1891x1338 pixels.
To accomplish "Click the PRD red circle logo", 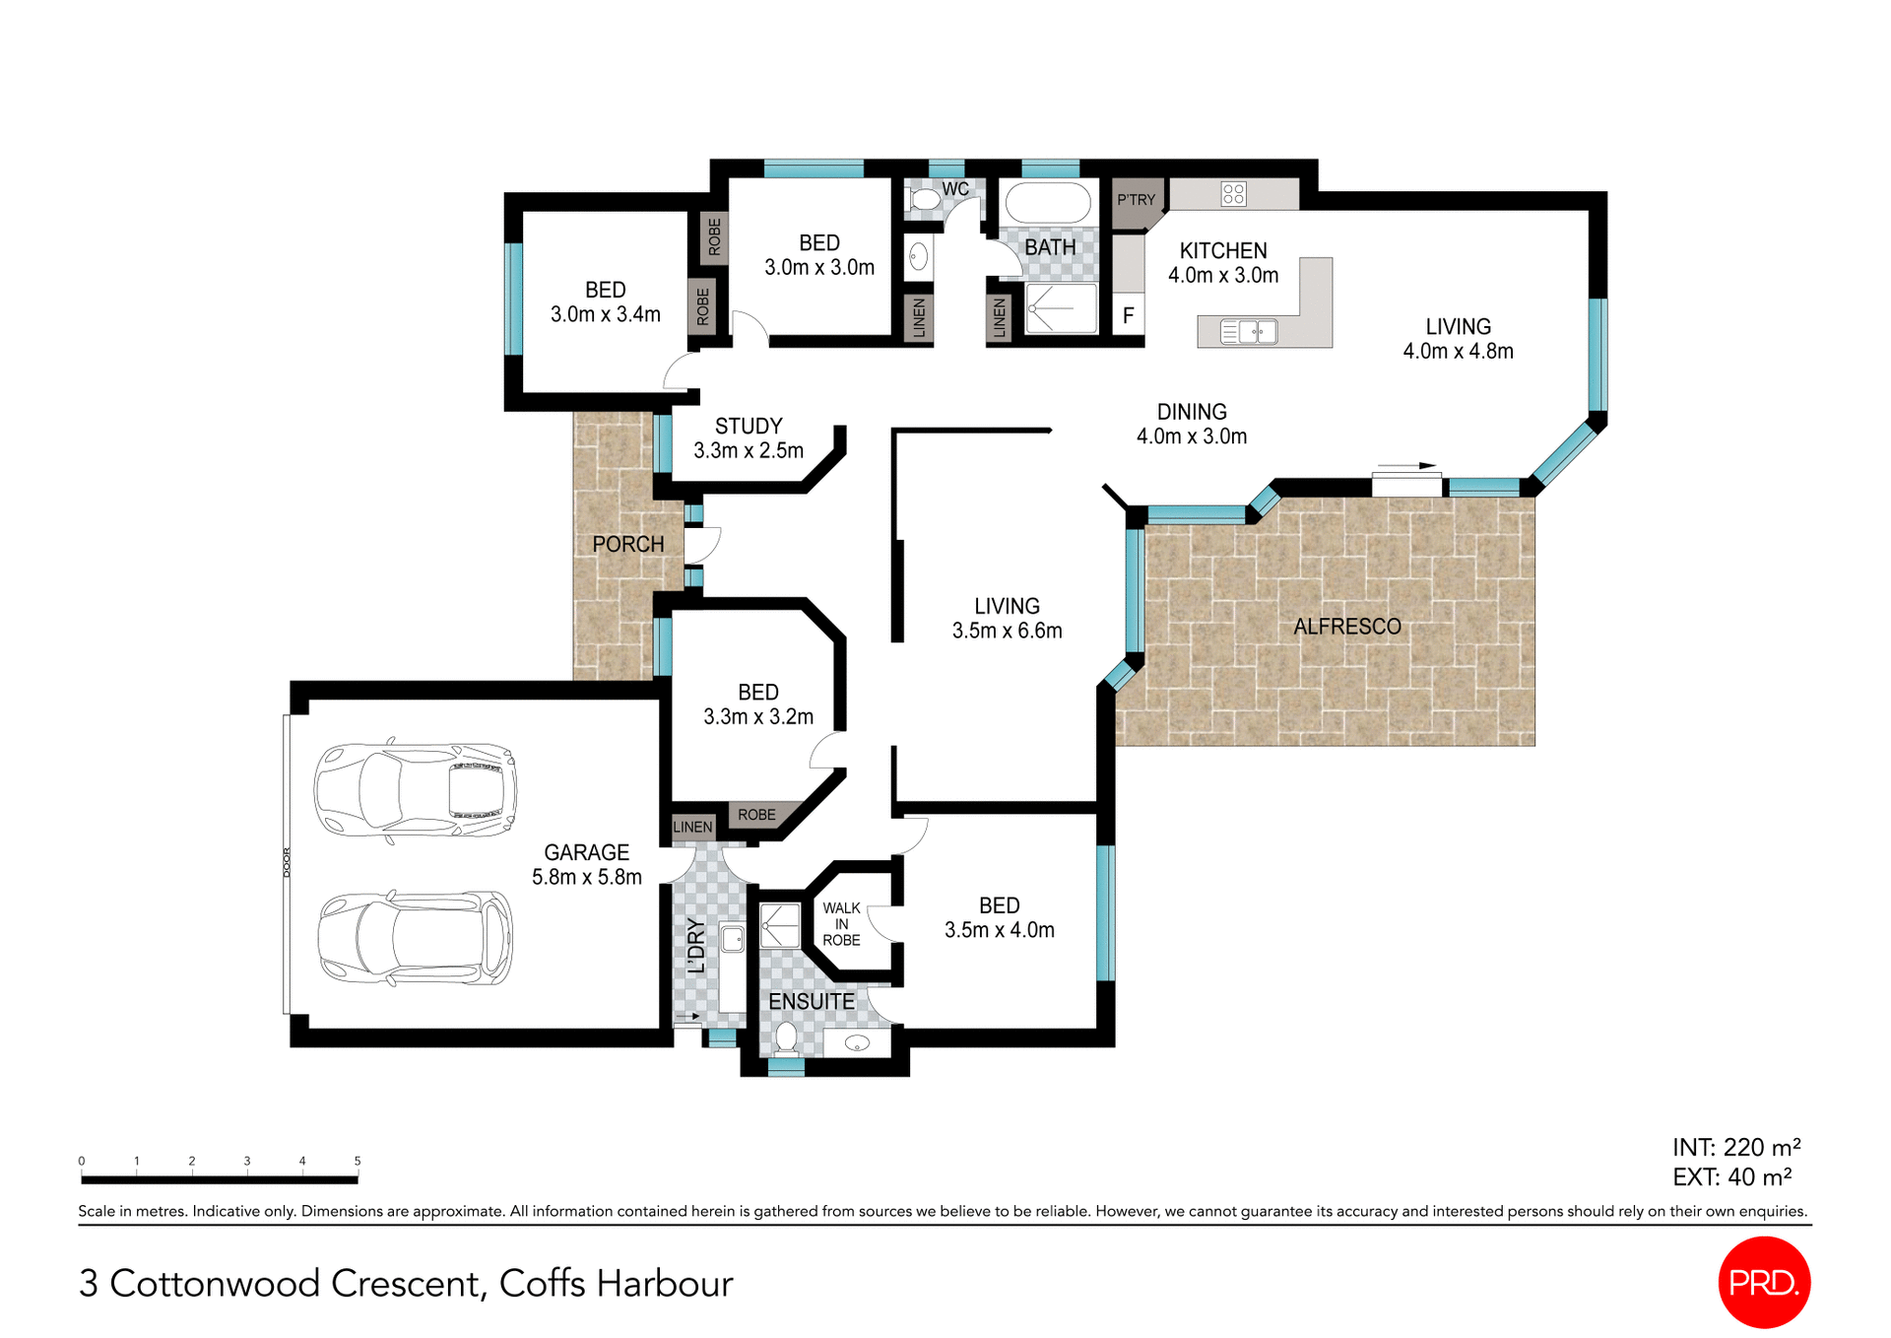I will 1764,1282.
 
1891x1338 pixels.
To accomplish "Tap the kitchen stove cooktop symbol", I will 1233,194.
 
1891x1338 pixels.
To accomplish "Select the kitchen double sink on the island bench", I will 1249,332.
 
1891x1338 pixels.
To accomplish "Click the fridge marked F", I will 1129,315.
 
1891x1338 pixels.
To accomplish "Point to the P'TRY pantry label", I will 1136,200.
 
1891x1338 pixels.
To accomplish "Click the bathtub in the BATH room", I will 1047,204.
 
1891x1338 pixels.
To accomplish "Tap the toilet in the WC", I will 924,200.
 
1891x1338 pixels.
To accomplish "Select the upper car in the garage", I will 415,789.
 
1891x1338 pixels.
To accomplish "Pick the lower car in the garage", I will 415,938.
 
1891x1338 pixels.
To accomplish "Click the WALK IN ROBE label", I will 841,924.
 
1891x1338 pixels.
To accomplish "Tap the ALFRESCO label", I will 1346,627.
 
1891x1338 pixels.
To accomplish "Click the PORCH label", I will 628,544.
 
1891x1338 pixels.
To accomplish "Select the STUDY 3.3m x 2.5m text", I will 749,438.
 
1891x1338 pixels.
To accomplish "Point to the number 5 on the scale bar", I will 358,1161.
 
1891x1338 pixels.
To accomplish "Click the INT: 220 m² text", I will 1736,1148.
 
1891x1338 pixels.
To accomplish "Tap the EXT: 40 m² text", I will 1731,1176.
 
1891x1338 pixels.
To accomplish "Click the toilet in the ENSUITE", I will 786,1037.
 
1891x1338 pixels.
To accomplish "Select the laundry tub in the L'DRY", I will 732,939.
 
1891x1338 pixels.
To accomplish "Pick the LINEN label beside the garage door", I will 692,828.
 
